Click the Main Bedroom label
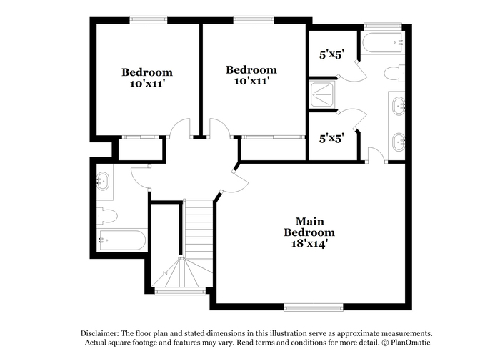click(309, 227)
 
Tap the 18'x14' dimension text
click(309, 244)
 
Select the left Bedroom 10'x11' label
click(147, 77)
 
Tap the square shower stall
click(321, 94)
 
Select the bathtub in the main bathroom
click(383, 42)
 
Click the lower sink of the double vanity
click(399, 142)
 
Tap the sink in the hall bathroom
click(103, 182)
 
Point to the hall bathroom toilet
click(107, 216)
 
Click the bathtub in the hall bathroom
click(121, 240)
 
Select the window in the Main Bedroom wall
click(314, 308)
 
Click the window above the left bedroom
click(149, 20)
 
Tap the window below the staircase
click(180, 291)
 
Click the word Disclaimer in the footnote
click(99, 334)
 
